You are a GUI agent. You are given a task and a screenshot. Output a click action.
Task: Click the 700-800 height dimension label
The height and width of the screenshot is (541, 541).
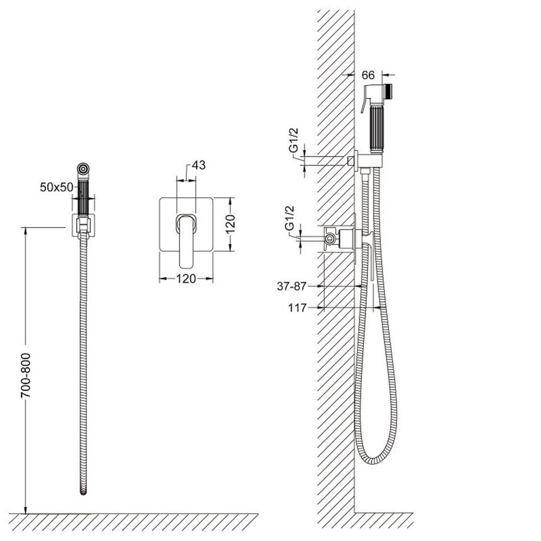pos(26,375)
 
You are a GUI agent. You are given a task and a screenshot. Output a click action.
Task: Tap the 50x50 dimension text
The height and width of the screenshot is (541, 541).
pos(56,187)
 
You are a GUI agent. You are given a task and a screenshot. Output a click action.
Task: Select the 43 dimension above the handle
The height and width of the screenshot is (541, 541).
pos(198,165)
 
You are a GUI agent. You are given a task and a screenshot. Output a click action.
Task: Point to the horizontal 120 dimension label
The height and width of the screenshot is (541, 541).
pos(186,278)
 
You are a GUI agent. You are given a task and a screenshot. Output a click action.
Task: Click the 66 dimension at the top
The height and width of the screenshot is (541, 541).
pos(368,75)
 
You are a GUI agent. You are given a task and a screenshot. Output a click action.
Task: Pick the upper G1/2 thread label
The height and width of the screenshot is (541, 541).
pos(294,140)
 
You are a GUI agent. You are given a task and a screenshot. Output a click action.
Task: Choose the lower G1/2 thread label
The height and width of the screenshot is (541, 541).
pos(289,218)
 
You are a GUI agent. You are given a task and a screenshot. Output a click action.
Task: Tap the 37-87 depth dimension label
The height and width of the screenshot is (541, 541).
pos(292,286)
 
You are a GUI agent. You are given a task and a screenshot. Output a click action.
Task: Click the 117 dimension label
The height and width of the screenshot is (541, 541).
pos(297,308)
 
